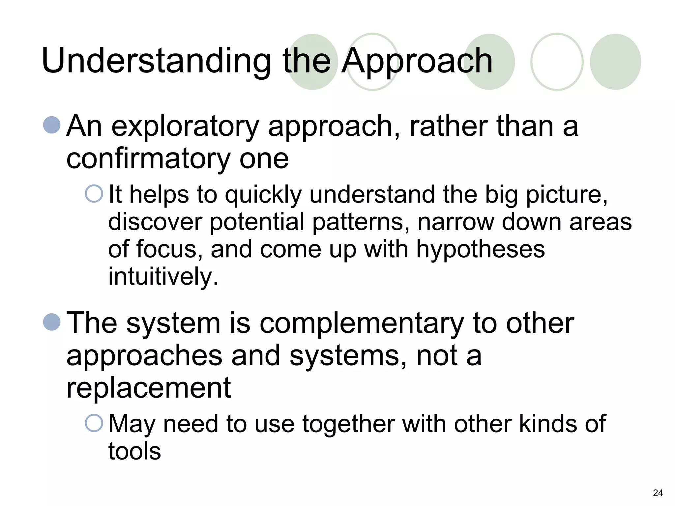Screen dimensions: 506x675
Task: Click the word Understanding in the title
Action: click(156, 61)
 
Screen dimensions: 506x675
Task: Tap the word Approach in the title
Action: click(417, 61)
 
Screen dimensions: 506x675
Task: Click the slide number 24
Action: click(658, 493)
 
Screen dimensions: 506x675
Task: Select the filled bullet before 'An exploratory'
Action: click(52, 125)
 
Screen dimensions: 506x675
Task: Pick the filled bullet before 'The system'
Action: click(52, 322)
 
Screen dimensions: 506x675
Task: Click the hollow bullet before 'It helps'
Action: click(94, 193)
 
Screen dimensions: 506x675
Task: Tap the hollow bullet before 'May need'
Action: click(94, 423)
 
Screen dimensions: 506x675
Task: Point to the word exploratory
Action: click(185, 126)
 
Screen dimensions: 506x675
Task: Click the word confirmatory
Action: click(148, 159)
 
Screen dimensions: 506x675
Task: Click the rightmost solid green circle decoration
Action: click(615, 62)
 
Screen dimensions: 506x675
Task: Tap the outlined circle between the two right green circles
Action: click(557, 62)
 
